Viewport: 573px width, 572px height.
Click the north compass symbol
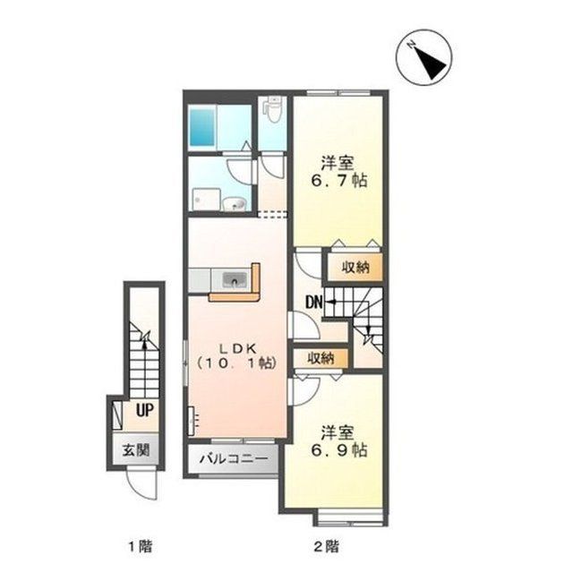[423, 57]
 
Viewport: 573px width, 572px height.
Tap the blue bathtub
[202, 126]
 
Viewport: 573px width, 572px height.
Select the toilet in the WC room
[272, 109]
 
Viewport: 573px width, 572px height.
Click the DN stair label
[314, 302]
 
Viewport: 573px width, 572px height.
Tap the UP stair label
[145, 410]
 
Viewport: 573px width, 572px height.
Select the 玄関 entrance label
[136, 450]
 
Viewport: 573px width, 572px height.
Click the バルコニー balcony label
[234, 459]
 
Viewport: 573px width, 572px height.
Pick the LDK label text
[237, 348]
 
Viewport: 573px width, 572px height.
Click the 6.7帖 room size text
[338, 181]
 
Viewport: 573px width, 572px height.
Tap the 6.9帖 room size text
[338, 450]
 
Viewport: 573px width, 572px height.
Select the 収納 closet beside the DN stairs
[355, 268]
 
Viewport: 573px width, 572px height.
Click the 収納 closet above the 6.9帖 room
[321, 358]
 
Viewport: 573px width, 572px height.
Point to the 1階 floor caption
[140, 547]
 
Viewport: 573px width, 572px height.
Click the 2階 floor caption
[326, 547]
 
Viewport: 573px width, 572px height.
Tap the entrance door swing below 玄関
[141, 483]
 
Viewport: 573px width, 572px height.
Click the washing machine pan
[206, 200]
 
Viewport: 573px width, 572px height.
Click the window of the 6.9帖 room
[350, 519]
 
